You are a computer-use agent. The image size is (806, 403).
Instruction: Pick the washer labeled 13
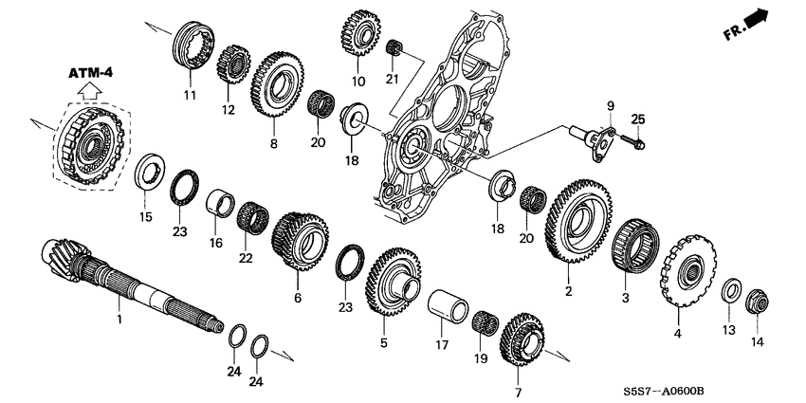point(732,290)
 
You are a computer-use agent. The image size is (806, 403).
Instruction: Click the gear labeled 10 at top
point(358,35)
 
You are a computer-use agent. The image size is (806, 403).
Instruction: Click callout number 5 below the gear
point(384,342)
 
